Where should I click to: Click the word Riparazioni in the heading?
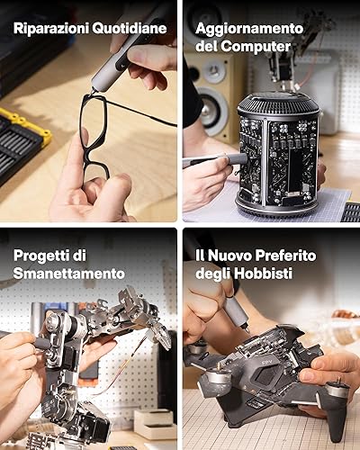[51, 29]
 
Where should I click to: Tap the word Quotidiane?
[130, 29]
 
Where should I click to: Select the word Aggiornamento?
[249, 30]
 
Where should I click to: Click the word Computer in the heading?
[256, 47]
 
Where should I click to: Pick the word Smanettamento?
[69, 274]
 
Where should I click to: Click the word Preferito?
[286, 256]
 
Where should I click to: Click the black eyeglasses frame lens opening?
[94, 123]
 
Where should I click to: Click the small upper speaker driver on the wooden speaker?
[214, 71]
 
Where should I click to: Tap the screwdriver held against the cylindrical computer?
[213, 159]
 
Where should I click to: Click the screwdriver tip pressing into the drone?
[247, 329]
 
